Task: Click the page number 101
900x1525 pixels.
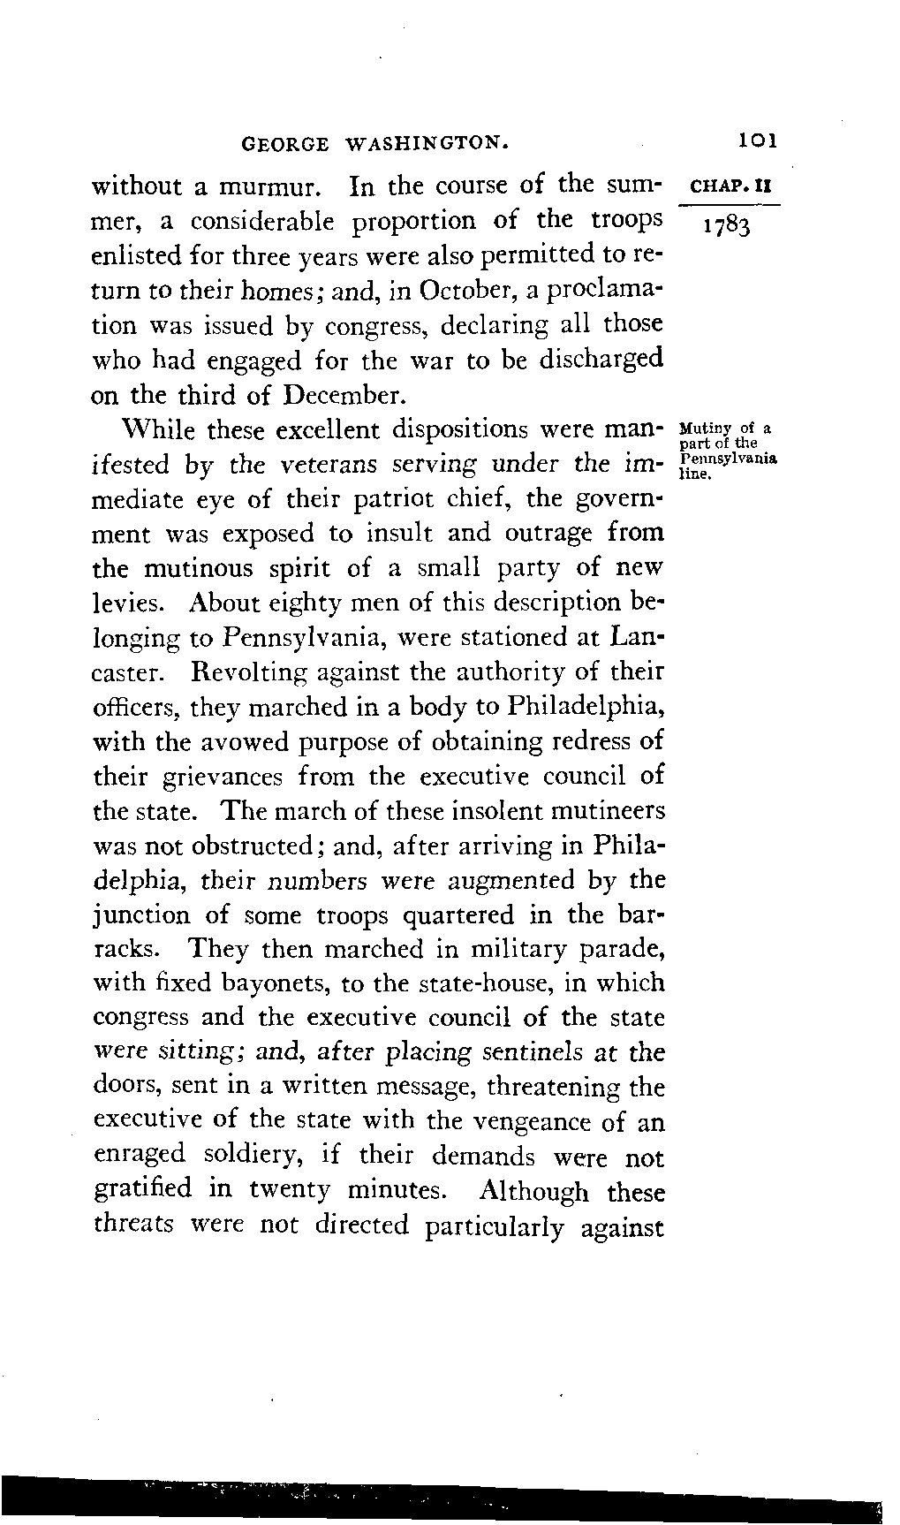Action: point(758,140)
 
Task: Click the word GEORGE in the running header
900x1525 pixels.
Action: point(284,142)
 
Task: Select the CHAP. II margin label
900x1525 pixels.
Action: point(734,187)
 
